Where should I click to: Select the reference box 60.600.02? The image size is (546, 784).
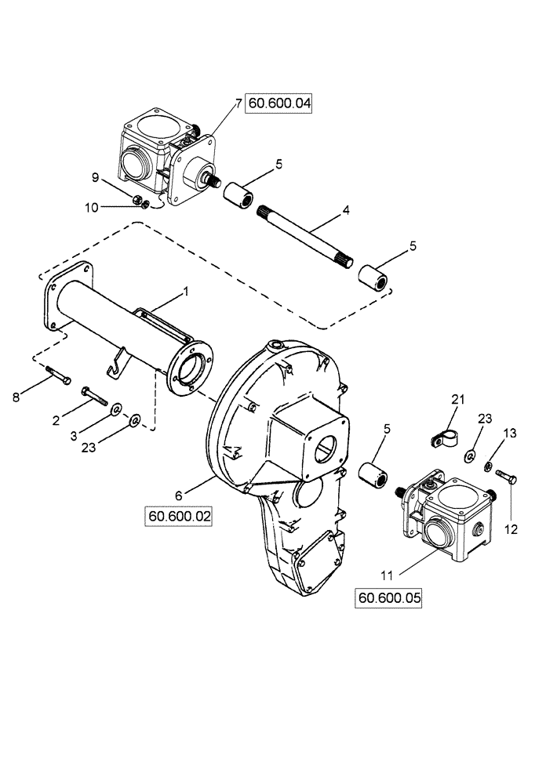click(x=178, y=516)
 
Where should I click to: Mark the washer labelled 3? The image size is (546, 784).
click(x=116, y=409)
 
